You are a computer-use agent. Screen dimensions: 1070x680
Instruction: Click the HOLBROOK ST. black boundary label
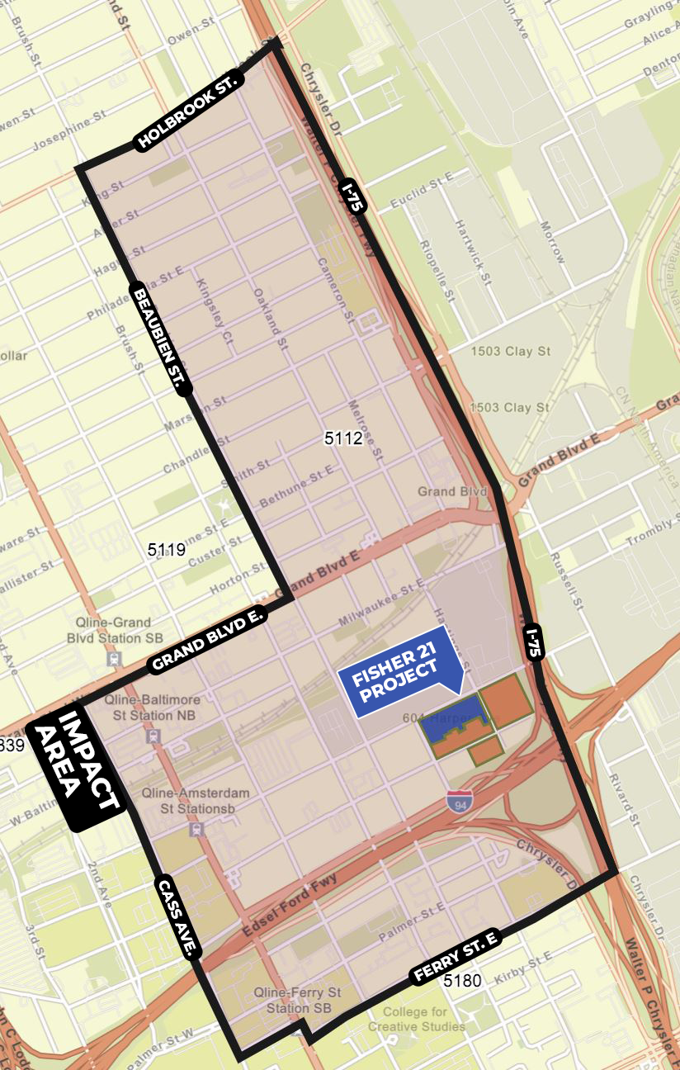(x=188, y=111)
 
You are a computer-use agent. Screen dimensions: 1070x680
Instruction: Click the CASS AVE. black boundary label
(x=177, y=917)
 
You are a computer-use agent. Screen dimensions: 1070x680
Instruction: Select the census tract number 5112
(x=343, y=438)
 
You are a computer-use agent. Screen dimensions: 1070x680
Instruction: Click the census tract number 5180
(x=460, y=981)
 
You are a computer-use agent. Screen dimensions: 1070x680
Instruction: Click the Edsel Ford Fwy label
(x=290, y=910)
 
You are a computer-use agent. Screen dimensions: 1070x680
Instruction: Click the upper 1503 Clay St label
(x=510, y=351)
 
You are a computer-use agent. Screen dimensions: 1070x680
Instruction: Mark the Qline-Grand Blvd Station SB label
(x=109, y=630)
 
